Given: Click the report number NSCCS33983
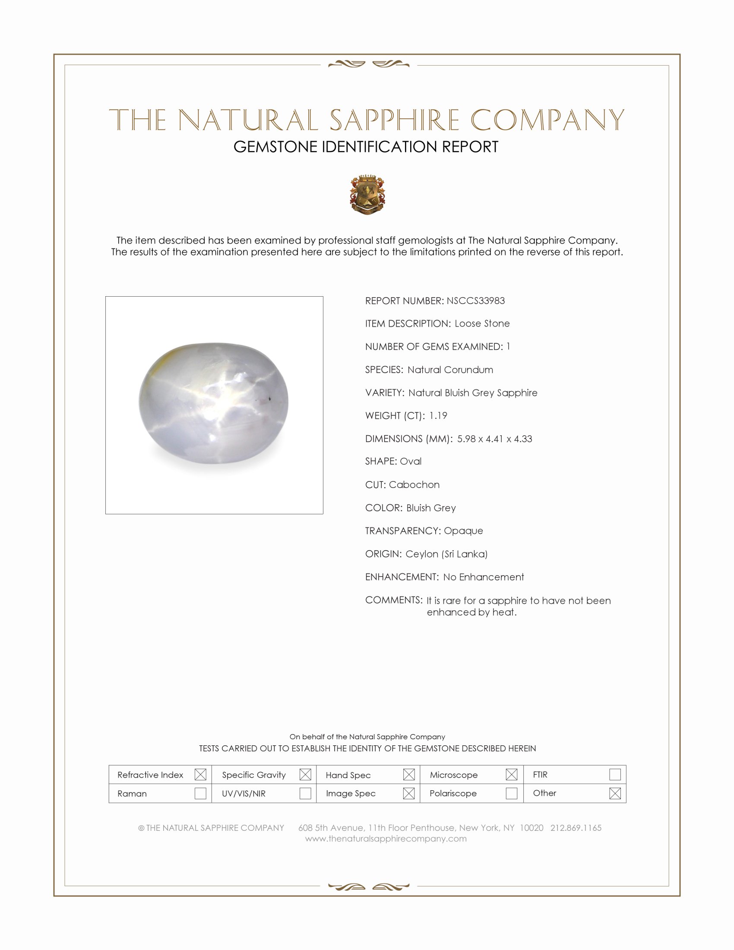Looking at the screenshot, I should (x=475, y=301).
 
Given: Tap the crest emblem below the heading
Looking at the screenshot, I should (x=367, y=194).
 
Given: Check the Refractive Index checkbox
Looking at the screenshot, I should (x=200, y=774).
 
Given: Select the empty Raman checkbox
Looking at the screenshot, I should (x=200, y=793).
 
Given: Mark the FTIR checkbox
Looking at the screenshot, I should (x=615, y=774).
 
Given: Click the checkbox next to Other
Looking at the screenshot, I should (x=615, y=793).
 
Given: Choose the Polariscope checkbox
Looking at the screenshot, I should (x=511, y=793).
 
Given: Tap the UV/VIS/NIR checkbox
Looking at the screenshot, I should (x=305, y=793).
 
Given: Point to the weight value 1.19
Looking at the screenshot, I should (x=438, y=415).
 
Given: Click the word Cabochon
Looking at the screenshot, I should (x=414, y=484).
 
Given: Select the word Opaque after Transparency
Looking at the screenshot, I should (x=463, y=531).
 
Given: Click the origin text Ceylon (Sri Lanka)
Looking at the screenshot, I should (x=446, y=554).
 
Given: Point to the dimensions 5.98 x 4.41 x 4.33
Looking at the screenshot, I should (x=494, y=438).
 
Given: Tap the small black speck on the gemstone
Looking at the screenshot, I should (x=270, y=398).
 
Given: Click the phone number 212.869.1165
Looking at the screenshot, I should (x=576, y=828).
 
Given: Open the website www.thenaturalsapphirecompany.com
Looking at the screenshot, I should (x=386, y=839).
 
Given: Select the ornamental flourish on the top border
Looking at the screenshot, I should (x=368, y=64).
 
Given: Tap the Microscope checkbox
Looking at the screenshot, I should (x=511, y=774).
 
